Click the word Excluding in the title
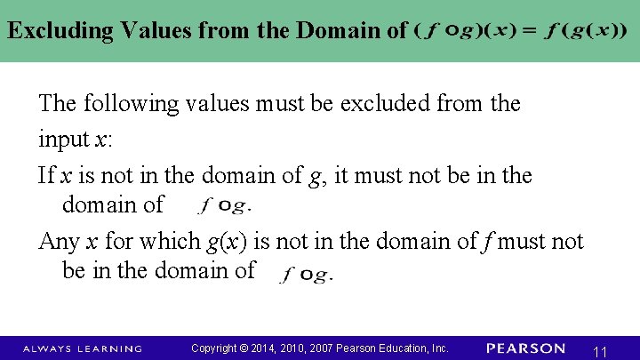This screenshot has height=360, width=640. pyautogui.click(x=60, y=30)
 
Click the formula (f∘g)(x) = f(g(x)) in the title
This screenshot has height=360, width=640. pyautogui.click(x=520, y=30)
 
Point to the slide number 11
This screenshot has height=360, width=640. pyautogui.click(x=600, y=352)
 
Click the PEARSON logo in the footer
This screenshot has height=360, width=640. pyautogui.click(x=526, y=348)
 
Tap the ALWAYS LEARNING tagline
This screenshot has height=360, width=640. pyautogui.click(x=82, y=348)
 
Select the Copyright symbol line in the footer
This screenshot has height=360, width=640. pyautogui.click(x=320, y=348)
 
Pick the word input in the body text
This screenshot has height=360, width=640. pyautogui.click(x=63, y=140)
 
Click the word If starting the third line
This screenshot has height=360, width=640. pyautogui.click(x=46, y=175)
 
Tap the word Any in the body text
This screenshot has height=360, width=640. pyautogui.click(x=58, y=241)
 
